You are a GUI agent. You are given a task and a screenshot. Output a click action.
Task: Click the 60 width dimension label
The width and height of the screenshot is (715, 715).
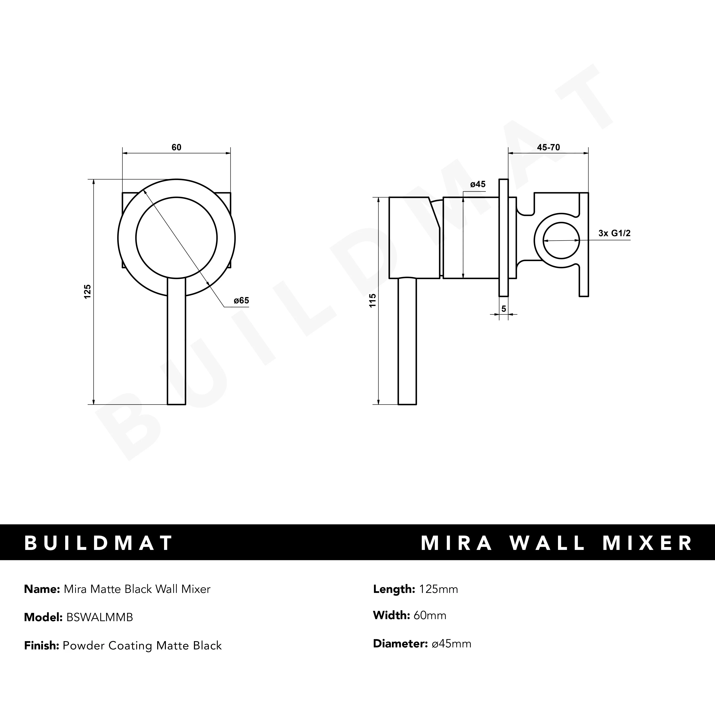point(177,147)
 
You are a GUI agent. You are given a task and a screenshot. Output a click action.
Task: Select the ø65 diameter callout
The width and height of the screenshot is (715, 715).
point(241,300)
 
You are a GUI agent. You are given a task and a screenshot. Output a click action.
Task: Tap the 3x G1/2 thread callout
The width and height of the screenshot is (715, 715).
point(614,233)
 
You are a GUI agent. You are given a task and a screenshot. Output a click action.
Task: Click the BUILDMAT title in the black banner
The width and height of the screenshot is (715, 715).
point(98,543)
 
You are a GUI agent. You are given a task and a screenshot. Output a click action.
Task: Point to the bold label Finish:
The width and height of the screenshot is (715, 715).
point(41,646)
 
